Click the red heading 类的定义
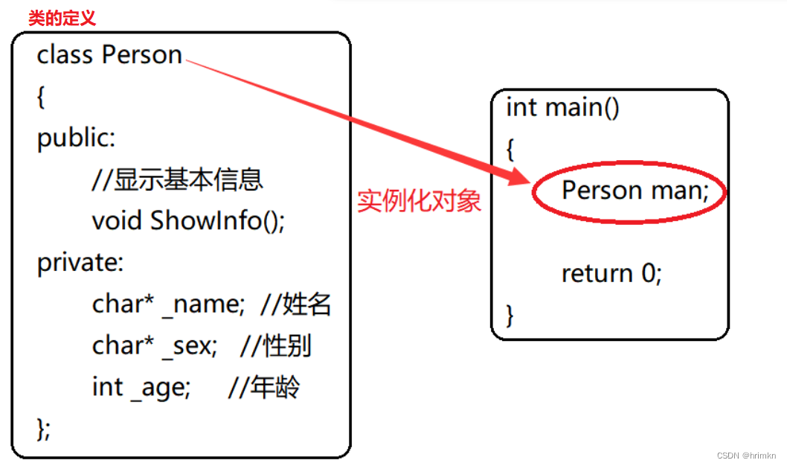(62, 18)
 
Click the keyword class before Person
(65, 55)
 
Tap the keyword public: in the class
(76, 138)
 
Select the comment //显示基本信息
(177, 179)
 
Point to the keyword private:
(80, 263)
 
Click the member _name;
(203, 304)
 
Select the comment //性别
(277, 346)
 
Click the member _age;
(161, 388)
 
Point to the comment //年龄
(264, 388)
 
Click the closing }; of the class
(43, 429)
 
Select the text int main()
(562, 107)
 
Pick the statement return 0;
(611, 274)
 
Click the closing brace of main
(510, 315)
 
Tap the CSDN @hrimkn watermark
(746, 455)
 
